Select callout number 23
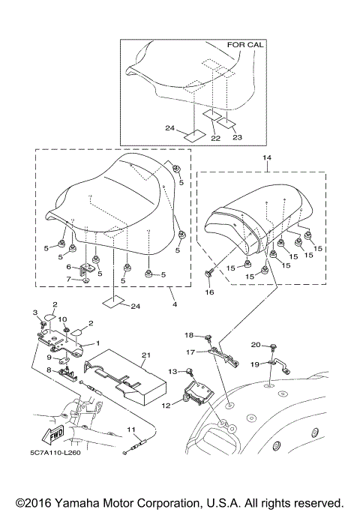tap(238, 137)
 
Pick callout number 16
tap(209, 292)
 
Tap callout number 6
tap(68, 266)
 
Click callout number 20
tap(255, 345)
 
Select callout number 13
tap(172, 370)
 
